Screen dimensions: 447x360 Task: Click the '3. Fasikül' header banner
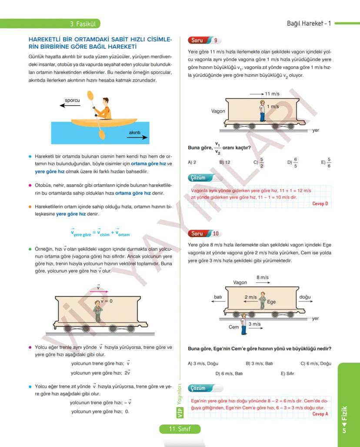(85, 23)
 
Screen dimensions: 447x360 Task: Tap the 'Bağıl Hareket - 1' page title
(309, 23)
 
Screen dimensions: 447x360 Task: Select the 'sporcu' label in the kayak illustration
(72, 100)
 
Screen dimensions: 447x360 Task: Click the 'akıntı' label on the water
(135, 132)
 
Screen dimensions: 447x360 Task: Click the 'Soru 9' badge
(204, 40)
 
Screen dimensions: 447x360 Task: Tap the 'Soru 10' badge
(204, 233)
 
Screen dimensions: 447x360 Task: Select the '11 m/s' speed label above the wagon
(272, 94)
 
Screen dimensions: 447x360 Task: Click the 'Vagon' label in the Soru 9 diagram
(218, 111)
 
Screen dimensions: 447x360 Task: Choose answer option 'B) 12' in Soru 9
(224, 162)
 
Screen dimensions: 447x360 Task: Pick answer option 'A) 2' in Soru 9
(192, 162)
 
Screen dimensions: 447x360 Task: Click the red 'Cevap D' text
(320, 204)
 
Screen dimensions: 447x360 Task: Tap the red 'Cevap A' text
(320, 414)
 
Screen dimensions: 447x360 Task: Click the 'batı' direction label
(218, 297)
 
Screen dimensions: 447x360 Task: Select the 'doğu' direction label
(305, 297)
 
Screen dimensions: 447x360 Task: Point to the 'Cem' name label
(233, 327)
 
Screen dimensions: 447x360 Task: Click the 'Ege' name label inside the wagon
(271, 301)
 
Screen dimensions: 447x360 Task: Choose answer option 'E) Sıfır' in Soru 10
(287, 373)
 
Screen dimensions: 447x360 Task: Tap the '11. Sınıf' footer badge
(180, 429)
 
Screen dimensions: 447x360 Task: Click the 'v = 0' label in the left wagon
(107, 301)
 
